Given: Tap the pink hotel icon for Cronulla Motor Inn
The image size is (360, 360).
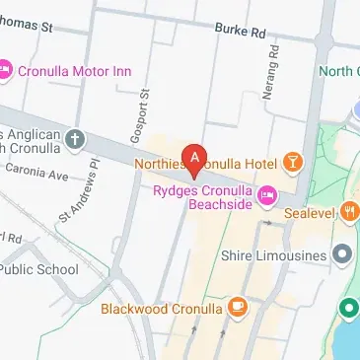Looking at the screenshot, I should [5, 70].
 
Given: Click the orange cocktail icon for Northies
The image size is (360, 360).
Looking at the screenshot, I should [293, 160].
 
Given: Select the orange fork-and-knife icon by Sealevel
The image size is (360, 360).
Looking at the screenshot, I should [350, 209].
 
